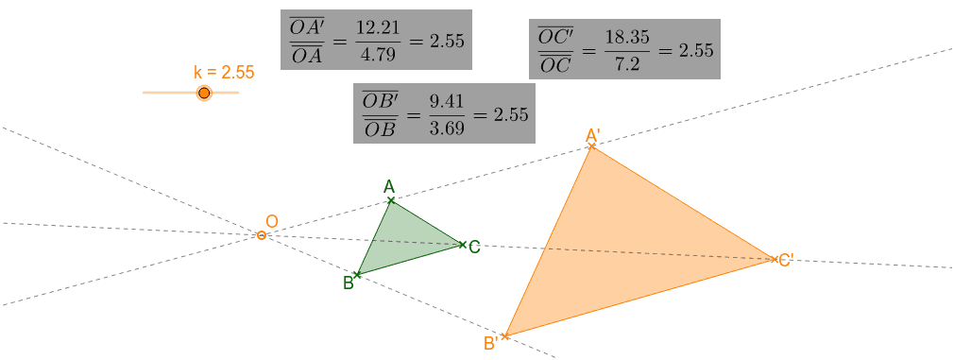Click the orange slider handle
click(x=204, y=93)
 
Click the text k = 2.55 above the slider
click(x=224, y=72)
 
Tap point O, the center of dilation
click(x=262, y=235)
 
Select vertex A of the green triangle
click(x=391, y=200)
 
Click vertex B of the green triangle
click(x=357, y=274)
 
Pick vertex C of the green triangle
click(x=462, y=245)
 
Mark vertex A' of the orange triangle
click(x=591, y=146)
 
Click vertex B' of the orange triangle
click(x=505, y=335)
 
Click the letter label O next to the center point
click(x=271, y=222)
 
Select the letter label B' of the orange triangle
click(x=490, y=344)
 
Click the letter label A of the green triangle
click(x=388, y=186)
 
